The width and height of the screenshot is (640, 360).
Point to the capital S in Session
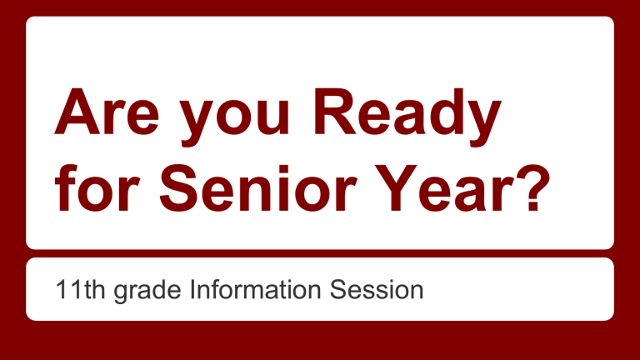pos(342,290)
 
